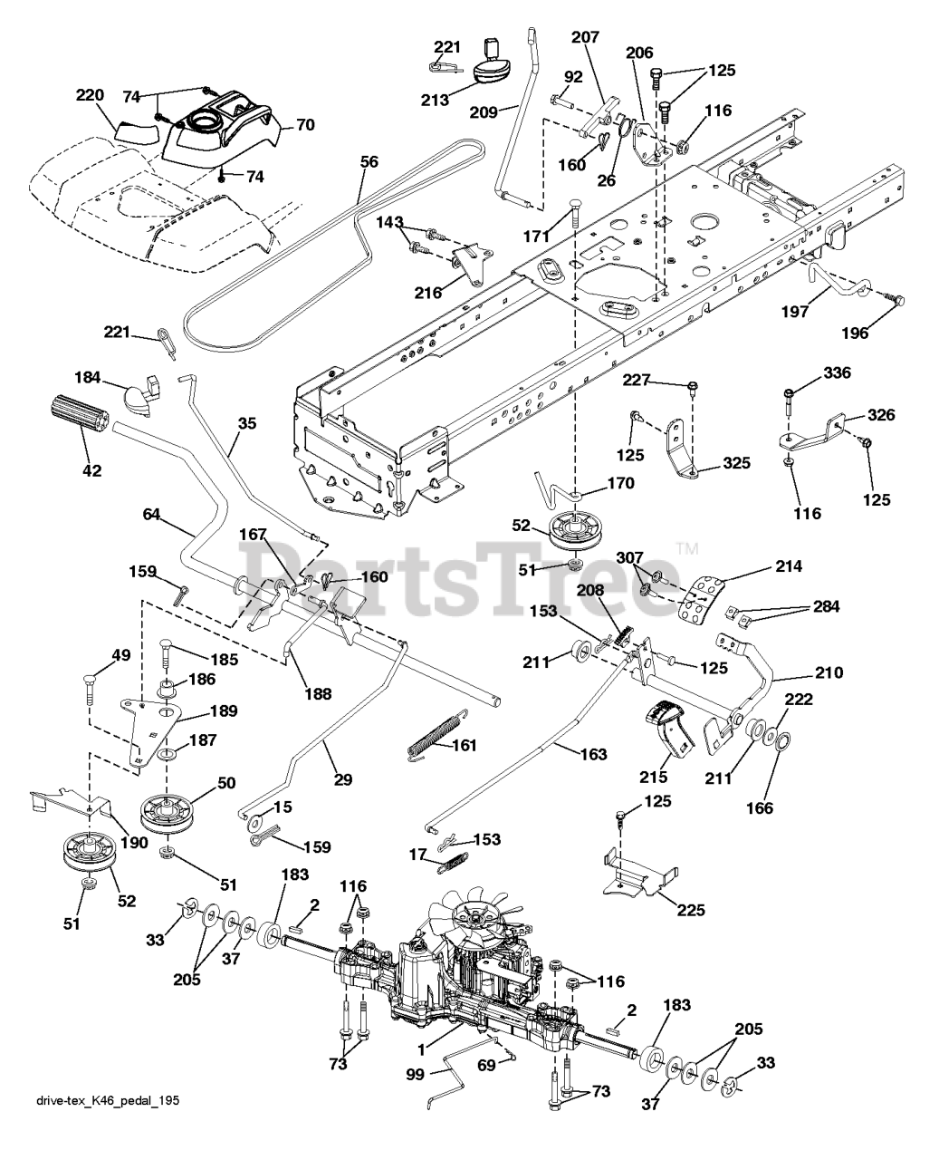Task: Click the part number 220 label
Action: [90, 95]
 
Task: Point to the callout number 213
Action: [435, 100]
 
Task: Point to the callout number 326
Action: [880, 415]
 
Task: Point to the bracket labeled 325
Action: [681, 449]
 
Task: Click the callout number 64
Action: [151, 515]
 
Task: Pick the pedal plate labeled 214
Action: [702, 598]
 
